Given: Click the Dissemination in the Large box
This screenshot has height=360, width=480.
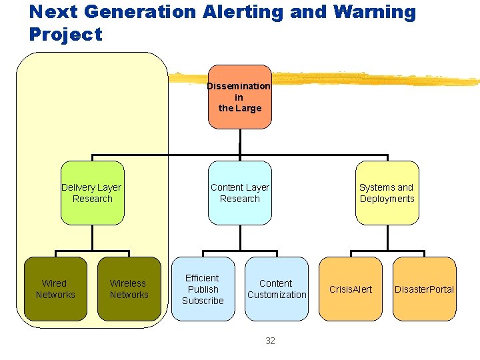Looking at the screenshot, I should tap(239, 97).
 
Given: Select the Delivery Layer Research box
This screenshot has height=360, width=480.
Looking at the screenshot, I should tap(92, 193).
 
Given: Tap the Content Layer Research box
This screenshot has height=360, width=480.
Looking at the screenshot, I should tap(239, 193).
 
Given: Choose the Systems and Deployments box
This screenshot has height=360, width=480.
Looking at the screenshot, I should tap(387, 193).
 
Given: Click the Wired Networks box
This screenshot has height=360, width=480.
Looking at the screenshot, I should tap(55, 289).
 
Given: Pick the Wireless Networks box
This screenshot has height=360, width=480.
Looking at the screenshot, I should tap(129, 289).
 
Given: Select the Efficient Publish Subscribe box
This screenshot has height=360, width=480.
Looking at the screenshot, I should tap(203, 289).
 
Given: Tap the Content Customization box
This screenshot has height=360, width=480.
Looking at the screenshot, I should tap(277, 289).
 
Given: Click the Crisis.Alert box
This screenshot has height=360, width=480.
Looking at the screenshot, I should tap(351, 289).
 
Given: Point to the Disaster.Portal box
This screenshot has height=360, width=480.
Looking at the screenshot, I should tap(424, 289).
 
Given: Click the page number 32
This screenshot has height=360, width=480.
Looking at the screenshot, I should tap(270, 341).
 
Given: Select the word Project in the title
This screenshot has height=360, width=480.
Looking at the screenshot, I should tap(66, 35).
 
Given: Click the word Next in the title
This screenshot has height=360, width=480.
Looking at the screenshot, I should tap(52, 12).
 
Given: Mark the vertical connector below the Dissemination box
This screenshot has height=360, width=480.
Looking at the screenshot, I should tap(239, 143).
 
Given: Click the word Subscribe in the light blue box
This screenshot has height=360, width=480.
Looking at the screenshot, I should tap(203, 301).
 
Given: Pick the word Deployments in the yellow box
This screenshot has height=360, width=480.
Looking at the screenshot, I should tap(387, 199).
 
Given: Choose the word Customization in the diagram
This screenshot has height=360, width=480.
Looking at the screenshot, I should tap(277, 295).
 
